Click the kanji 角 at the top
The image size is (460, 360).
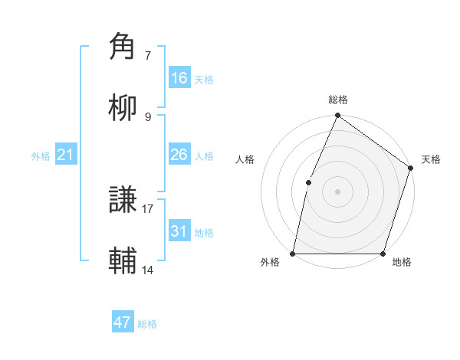tap(124, 47)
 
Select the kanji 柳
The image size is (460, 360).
tap(124, 107)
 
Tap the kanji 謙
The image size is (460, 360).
tap(124, 200)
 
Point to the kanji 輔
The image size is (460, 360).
tap(124, 260)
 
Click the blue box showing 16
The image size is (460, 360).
tap(179, 78)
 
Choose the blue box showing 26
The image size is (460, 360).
tap(179, 155)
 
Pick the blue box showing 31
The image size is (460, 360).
tap(179, 231)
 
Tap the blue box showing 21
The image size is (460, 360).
tap(66, 155)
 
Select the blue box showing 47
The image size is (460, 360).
tap(123, 322)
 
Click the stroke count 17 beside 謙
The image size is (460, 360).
tap(148, 208)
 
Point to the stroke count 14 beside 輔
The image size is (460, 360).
tap(148, 269)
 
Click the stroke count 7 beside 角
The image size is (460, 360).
tap(148, 55)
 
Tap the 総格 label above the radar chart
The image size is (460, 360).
tap(338, 100)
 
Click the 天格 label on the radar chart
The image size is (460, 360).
tap(431, 159)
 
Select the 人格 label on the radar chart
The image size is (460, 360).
tap(245, 159)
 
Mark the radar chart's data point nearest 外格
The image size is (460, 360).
tap(293, 254)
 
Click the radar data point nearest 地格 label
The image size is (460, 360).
tap(383, 254)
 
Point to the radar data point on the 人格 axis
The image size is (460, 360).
tap(308, 182)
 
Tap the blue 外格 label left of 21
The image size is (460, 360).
tap(41, 155)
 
